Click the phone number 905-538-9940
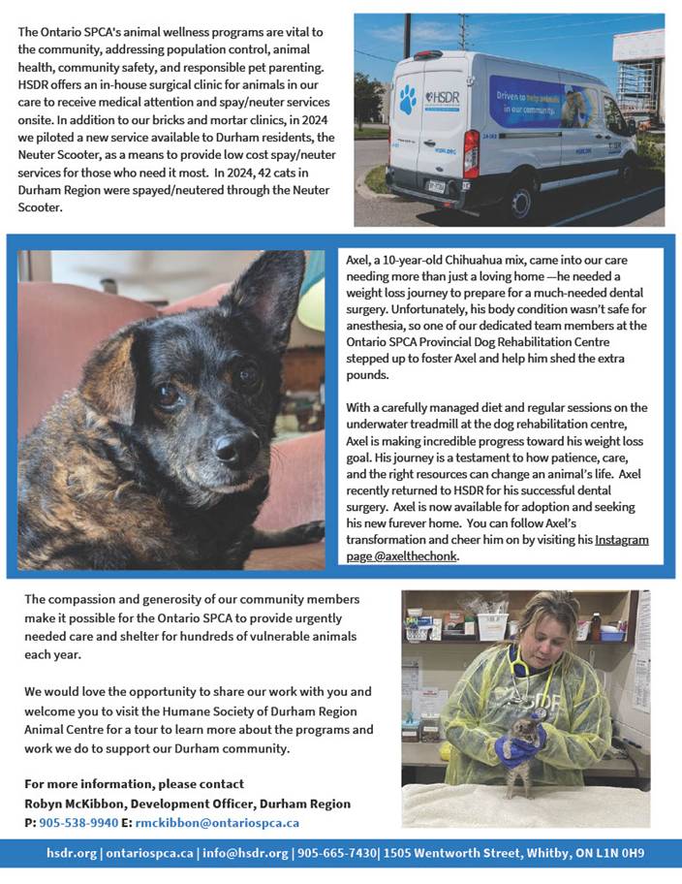77,823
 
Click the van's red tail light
471,153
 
